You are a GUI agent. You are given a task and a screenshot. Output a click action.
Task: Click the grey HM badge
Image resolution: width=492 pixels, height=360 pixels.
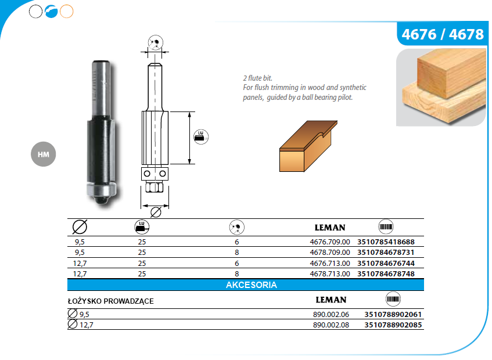(44, 154)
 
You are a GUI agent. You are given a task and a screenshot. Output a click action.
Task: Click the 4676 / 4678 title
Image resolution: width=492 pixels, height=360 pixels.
(443, 34)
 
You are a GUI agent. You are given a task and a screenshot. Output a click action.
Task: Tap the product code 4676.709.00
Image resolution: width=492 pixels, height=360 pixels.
(330, 242)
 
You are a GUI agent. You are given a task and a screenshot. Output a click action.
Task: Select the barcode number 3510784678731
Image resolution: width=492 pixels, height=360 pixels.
(386, 253)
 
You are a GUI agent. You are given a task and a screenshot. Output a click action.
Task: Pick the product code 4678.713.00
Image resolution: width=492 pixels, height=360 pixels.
(330, 273)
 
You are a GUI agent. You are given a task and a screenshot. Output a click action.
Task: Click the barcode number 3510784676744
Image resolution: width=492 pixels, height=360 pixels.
(386, 264)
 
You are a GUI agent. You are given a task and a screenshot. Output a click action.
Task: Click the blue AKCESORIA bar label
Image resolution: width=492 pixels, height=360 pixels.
(252, 285)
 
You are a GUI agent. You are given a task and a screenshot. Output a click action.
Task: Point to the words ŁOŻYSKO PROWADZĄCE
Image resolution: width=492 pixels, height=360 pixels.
(111, 301)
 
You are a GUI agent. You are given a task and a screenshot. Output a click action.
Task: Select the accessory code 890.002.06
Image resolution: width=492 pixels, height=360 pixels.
(331, 314)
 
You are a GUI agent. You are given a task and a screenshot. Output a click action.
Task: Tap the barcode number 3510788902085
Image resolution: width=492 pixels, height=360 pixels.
(393, 325)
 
